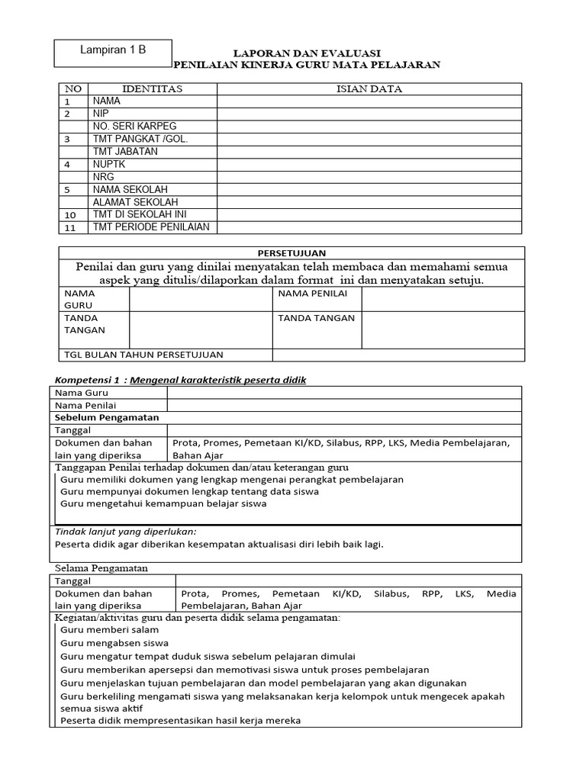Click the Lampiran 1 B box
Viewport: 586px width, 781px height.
tap(113, 52)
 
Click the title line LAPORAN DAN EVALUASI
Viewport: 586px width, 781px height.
tap(307, 53)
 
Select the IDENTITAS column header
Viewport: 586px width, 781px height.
tap(153, 88)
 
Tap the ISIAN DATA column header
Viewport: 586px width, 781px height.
tap(369, 88)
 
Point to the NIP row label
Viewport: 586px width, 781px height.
tap(101, 113)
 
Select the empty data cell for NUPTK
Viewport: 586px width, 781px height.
tap(369, 164)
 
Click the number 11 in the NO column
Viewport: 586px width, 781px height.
tap(70, 227)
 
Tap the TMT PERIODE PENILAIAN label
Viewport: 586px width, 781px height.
tap(150, 227)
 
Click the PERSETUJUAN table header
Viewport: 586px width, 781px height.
tap(291, 252)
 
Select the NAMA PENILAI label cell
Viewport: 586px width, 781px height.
tap(312, 294)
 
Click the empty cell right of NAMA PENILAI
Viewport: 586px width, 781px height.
tap(443, 299)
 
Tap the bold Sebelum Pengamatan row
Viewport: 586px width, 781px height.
tap(107, 417)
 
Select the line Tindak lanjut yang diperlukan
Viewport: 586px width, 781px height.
tap(126, 531)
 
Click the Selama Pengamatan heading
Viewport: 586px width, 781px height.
tap(101, 568)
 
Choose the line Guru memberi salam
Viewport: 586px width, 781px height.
tap(110, 630)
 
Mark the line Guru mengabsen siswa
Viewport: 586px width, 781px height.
tap(114, 643)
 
